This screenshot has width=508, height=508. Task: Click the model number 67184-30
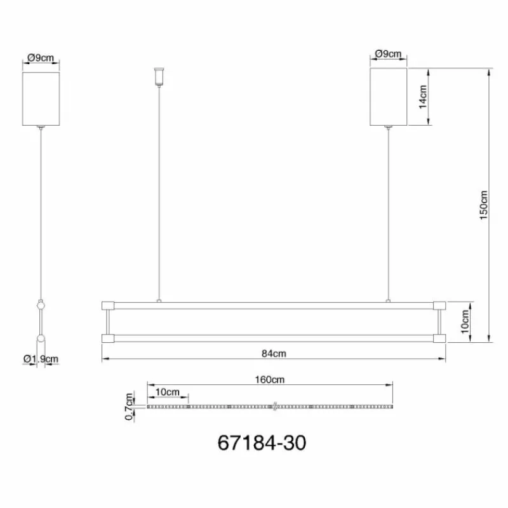click(261, 442)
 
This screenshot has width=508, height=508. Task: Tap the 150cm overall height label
click(483, 204)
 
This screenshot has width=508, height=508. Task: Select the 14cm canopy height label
click(422, 97)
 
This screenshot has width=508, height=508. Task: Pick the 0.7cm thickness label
click(130, 406)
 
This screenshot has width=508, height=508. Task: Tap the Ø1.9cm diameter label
click(41, 359)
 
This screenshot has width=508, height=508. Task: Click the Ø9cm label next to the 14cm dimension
click(388, 55)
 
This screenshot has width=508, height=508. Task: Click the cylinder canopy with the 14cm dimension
click(388, 97)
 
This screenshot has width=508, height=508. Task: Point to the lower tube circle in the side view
click(41, 340)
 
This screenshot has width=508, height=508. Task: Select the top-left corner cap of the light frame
click(107, 305)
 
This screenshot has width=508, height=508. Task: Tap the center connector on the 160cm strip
click(272, 406)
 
